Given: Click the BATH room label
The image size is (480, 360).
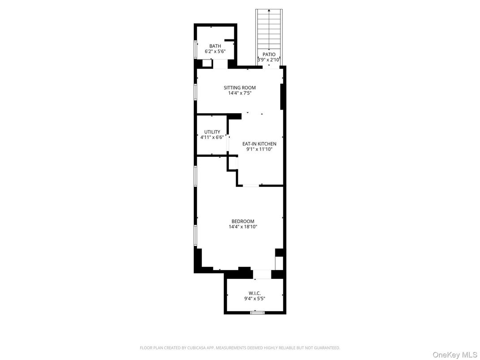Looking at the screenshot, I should pyautogui.click(x=215, y=46).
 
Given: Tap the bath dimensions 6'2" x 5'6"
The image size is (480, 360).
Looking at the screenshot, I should pyautogui.click(x=215, y=51).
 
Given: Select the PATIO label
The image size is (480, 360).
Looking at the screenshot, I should pyautogui.click(x=269, y=54).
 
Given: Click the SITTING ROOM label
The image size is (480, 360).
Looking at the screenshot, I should pyautogui.click(x=240, y=88).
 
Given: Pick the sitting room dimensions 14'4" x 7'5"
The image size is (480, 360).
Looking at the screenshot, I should pyautogui.click(x=240, y=93).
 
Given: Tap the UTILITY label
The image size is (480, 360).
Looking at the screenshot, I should pyautogui.click(x=212, y=132).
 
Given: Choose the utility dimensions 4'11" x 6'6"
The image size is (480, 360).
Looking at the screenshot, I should pyautogui.click(x=212, y=137).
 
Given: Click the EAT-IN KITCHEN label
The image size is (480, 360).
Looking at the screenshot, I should pyautogui.click(x=259, y=144).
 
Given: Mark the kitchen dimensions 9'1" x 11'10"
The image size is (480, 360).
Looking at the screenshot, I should pyautogui.click(x=259, y=149).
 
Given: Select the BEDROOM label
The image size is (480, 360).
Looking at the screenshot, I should pyautogui.click(x=243, y=221).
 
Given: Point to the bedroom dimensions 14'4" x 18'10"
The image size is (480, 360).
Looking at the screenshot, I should pyautogui.click(x=243, y=227).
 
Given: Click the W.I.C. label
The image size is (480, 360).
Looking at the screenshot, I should pyautogui.click(x=255, y=293).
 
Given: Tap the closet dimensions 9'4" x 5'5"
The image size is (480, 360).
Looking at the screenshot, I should pyautogui.click(x=255, y=299).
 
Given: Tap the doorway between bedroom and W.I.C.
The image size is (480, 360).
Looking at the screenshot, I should pyautogui.click(x=262, y=274).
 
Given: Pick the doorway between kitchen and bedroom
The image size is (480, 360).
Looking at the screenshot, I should pyautogui.click(x=251, y=185).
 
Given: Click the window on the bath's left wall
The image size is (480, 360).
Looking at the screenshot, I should pyautogui.click(x=195, y=49).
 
